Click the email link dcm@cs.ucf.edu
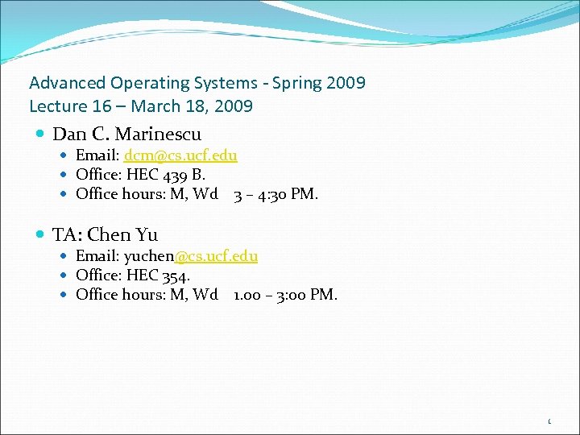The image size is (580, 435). (x=180, y=155)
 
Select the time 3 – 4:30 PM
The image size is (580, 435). (x=275, y=194)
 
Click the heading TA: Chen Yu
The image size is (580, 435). (x=105, y=235)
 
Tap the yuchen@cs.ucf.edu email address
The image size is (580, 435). (x=190, y=256)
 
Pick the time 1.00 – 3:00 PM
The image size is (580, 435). (x=285, y=295)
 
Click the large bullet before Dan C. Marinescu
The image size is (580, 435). (x=41, y=134)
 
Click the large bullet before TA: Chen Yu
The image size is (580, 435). (x=41, y=235)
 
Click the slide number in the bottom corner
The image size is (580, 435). (x=549, y=421)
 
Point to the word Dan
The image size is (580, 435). (x=68, y=134)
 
